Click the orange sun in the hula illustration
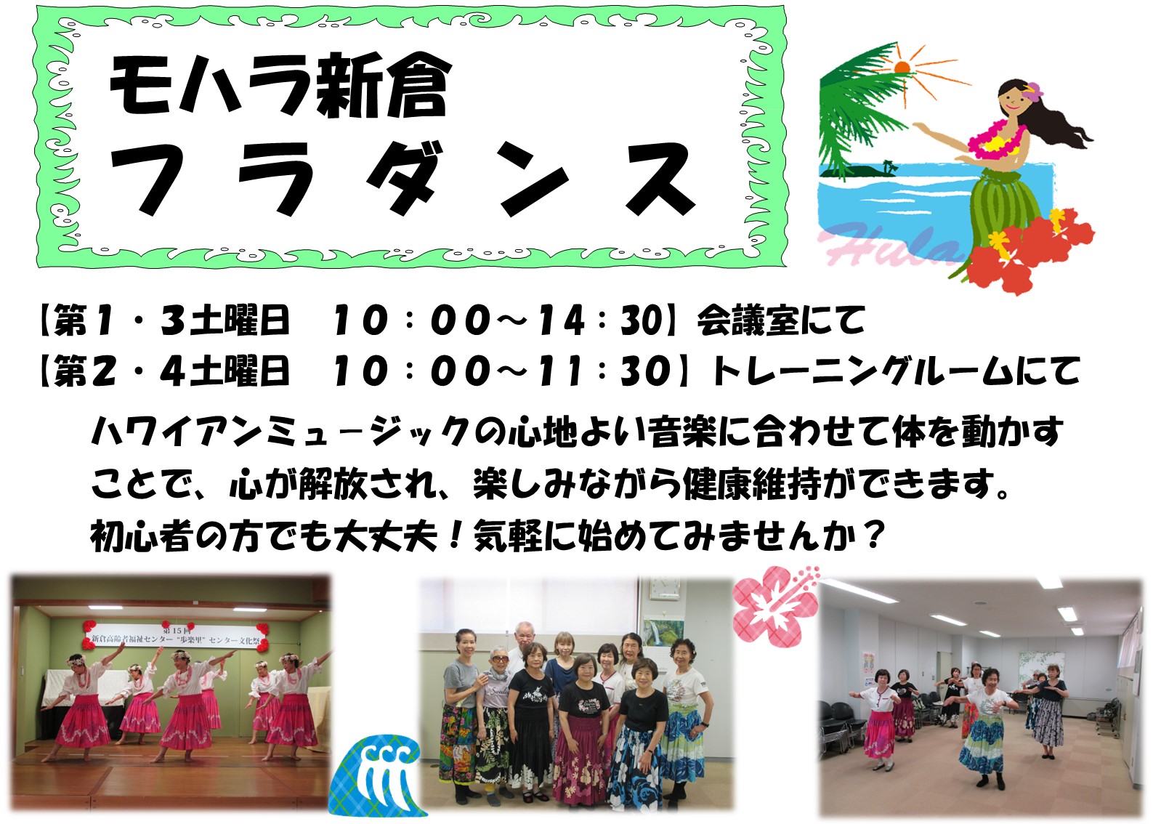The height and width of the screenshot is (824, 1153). pos(902,67)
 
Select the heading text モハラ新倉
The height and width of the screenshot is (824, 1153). pos(280,86)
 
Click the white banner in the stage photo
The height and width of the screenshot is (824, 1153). pos(176,637)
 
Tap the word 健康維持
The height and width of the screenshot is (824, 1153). pos(751,484)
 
